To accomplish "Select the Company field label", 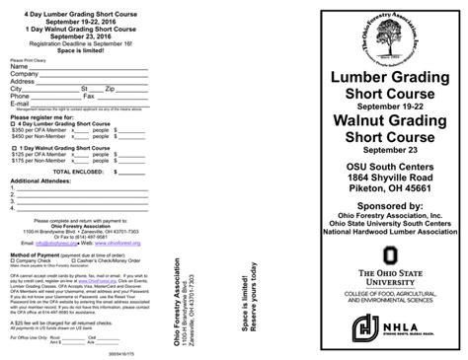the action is click(x=24, y=73).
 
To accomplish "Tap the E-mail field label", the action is click(x=20, y=103).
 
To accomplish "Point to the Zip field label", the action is click(x=111, y=88).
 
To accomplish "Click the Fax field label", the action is click(x=88, y=96).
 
